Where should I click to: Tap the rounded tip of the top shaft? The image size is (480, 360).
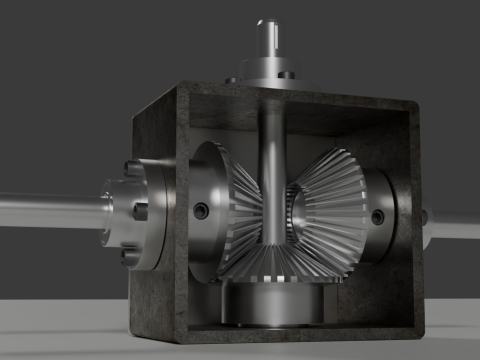[267, 21]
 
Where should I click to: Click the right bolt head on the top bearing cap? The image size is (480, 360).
[285, 74]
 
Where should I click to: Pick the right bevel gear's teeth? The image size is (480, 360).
[330, 200]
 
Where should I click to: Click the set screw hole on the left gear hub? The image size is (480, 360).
[202, 211]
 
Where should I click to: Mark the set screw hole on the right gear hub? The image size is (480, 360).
[378, 217]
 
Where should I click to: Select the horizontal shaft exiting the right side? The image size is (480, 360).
[455, 228]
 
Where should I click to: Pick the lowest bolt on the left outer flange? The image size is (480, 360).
[129, 254]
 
